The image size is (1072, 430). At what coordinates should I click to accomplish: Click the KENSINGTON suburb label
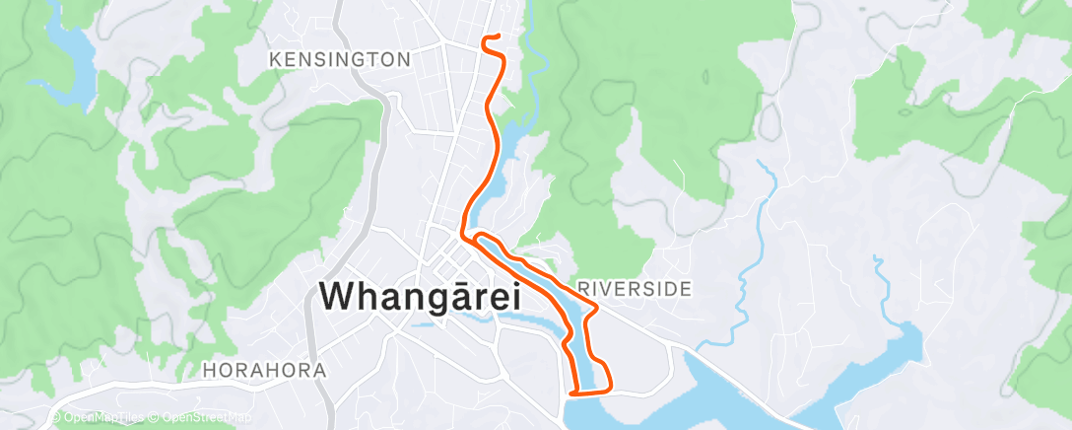click(x=340, y=60)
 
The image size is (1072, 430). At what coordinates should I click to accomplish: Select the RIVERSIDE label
click(x=635, y=289)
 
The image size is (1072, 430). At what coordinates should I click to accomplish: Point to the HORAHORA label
click(x=264, y=371)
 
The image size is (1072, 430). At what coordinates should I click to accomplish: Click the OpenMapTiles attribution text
click(x=104, y=418)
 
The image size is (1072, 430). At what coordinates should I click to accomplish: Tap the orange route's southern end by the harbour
click(x=571, y=394)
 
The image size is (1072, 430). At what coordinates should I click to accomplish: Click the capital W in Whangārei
click(x=340, y=296)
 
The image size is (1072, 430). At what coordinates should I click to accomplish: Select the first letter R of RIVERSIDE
click(x=583, y=289)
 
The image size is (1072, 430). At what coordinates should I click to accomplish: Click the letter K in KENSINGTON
click(x=275, y=60)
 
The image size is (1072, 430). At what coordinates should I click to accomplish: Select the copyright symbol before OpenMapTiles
click(x=56, y=418)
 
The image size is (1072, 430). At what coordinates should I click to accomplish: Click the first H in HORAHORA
click(x=208, y=371)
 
